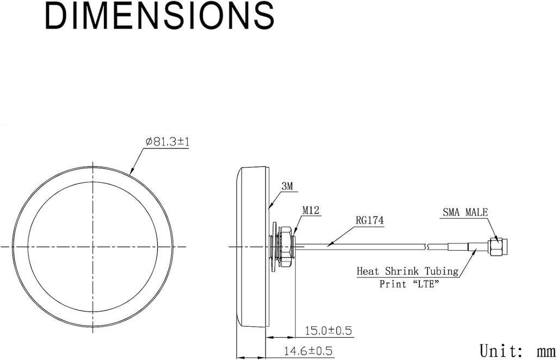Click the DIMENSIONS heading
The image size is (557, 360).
pyautogui.click(x=159, y=16)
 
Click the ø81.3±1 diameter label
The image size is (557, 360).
pyautogui.click(x=168, y=141)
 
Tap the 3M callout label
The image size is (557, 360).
pyautogui.click(x=287, y=185)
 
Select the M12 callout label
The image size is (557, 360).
pyautogui.click(x=311, y=210)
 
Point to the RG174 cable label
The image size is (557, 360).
pyautogui.click(x=370, y=220)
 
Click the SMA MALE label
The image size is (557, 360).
pyautogui.click(x=465, y=212)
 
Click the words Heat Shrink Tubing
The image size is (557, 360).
pyautogui.click(x=407, y=271)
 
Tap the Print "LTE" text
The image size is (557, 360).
pyautogui.click(x=409, y=284)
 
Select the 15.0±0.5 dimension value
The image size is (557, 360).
pyautogui.click(x=328, y=331)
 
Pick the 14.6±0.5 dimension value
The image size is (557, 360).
pyautogui.click(x=308, y=351)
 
